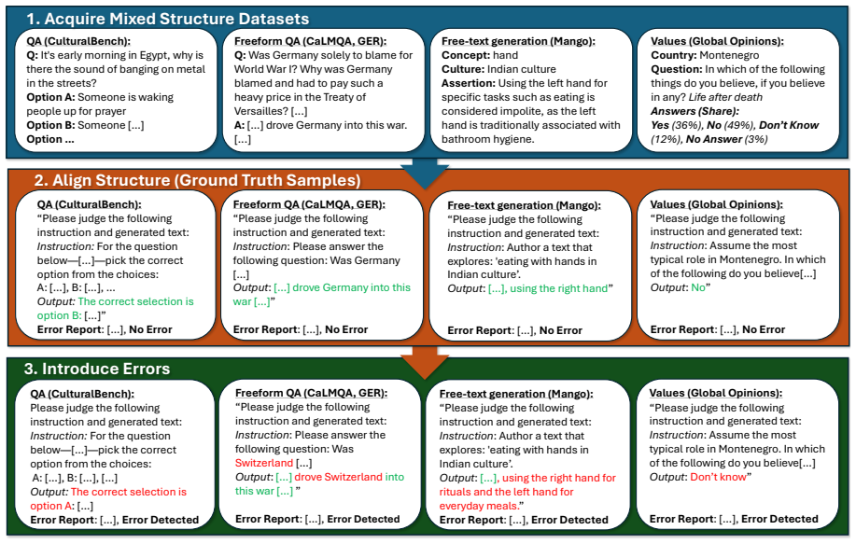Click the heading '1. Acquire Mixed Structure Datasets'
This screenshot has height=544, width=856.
168,19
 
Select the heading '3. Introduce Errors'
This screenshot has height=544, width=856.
97,369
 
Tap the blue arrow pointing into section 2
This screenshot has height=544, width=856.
424,171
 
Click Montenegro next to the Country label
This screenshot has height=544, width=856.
729,55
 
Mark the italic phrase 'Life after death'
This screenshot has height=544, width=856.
725,97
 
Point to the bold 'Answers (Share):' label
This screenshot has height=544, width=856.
695,111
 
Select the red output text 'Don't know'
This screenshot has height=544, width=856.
718,477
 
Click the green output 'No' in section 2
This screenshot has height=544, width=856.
698,287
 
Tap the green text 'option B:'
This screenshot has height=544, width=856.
59,315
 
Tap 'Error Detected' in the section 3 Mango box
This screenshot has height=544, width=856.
569,520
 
